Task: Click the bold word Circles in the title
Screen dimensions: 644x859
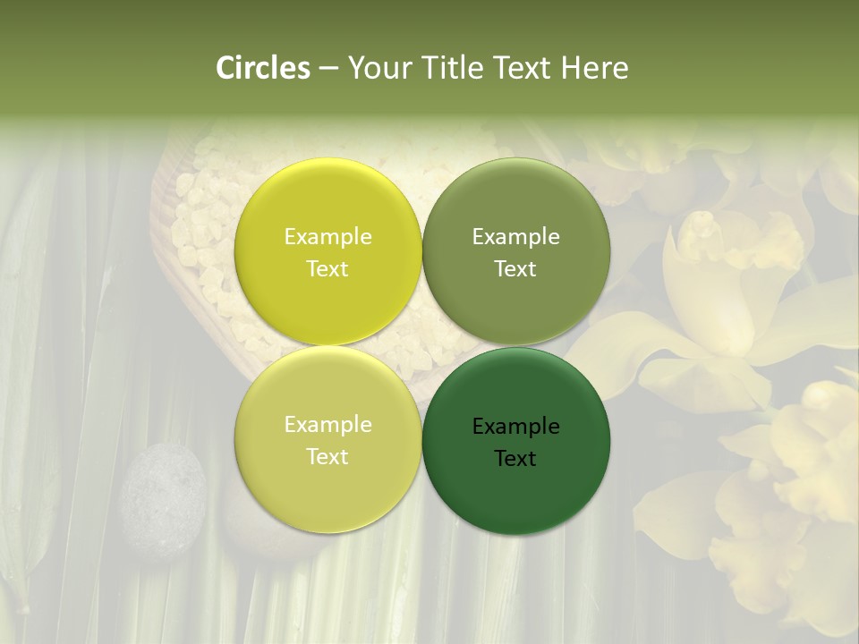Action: (263, 68)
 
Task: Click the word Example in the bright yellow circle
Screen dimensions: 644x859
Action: (327, 237)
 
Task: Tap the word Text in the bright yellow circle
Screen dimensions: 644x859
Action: (327, 269)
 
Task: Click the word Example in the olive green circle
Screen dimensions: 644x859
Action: (515, 237)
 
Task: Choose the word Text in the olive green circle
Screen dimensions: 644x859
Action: (515, 269)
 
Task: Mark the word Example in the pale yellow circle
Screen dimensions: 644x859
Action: (327, 425)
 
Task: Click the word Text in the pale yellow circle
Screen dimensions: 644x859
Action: (327, 457)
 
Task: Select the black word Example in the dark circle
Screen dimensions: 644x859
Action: (515, 427)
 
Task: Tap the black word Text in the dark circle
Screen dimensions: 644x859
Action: (515, 459)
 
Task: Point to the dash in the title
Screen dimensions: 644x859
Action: (328, 69)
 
